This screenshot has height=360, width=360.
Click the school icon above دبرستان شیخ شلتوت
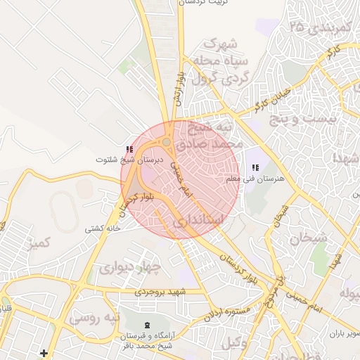129,150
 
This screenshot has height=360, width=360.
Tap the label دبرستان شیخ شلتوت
129,160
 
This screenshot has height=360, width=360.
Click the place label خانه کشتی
103,229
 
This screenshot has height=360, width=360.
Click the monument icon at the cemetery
146,325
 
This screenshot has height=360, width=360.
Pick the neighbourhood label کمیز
39,244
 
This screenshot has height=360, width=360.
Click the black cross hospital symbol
44,352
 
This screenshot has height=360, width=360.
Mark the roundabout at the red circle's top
167,143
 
